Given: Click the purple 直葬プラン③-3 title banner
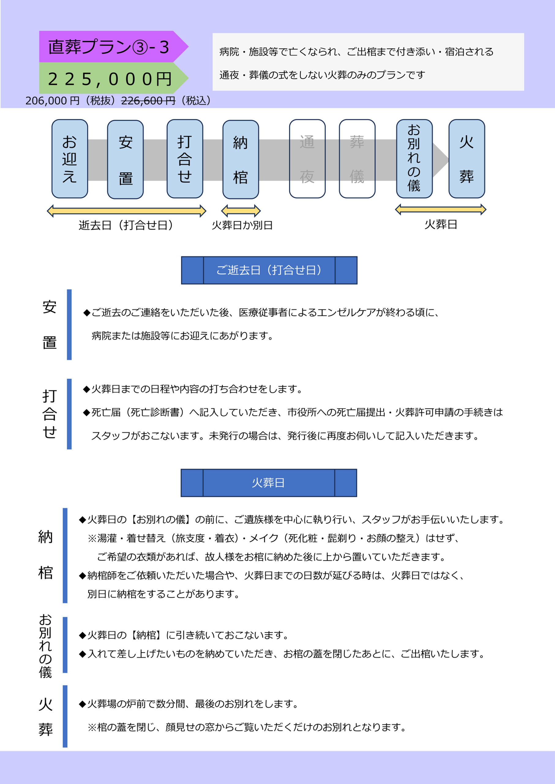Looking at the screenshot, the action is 114,47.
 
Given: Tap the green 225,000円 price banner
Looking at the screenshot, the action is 114,78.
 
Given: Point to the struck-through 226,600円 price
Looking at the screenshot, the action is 148,100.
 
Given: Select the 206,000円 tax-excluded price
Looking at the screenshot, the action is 52,100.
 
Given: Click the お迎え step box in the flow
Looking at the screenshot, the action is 70,159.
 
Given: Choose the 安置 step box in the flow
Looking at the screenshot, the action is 126,159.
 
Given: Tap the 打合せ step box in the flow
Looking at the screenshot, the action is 185,159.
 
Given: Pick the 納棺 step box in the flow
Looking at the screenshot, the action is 241,159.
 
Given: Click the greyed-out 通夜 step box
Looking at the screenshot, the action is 307,159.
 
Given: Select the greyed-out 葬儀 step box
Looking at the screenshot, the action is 357,159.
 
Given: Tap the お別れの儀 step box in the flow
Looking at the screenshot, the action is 414,159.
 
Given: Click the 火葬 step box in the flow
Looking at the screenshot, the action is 467,159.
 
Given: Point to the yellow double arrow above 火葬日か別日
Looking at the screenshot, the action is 241,211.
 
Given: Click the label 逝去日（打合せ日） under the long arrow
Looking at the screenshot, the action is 126,225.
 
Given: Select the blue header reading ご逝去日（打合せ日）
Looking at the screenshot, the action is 269,270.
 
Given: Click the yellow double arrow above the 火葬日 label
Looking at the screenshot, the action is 441,209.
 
